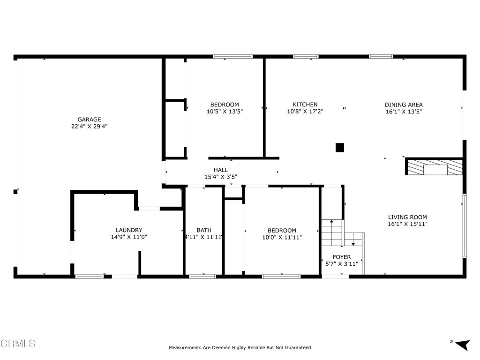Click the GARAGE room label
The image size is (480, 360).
[89, 120]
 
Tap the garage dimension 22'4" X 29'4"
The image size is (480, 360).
[89, 126]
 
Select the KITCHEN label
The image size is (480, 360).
[305, 105]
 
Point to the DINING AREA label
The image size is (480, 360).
[404, 105]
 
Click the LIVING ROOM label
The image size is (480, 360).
[407, 217]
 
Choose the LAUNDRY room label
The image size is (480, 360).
[129, 230]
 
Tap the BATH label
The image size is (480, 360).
[204, 230]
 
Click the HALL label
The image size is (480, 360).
[221, 170]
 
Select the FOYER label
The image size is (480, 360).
[342, 257]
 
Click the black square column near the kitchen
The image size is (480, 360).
[340, 148]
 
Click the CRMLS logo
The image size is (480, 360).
[18, 344]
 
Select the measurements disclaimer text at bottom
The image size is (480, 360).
[240, 348]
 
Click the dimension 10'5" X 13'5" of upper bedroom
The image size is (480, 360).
[225, 112]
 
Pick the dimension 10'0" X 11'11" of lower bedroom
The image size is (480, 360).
[282, 237]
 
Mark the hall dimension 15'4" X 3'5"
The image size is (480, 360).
[221, 177]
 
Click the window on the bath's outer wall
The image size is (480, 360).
[202, 277]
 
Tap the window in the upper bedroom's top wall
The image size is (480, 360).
[232, 57]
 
